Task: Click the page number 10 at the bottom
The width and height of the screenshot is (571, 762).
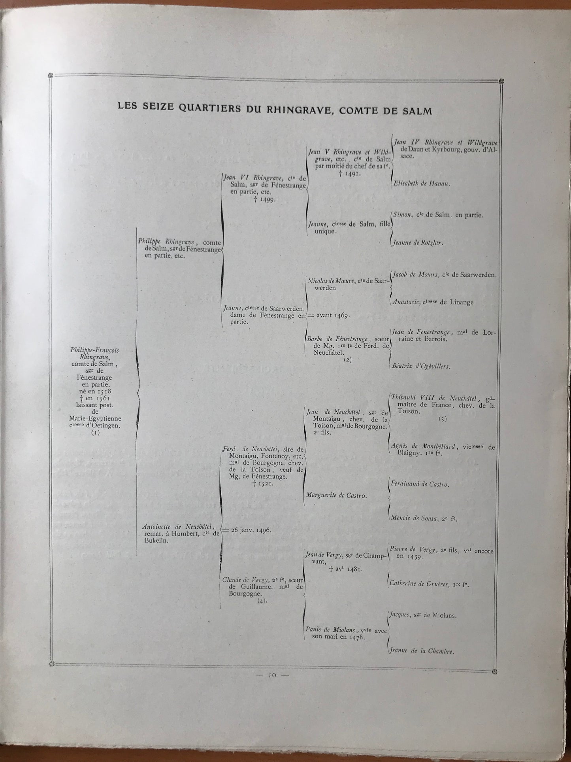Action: pos(273,675)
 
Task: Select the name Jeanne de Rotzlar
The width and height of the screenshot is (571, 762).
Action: pos(417,242)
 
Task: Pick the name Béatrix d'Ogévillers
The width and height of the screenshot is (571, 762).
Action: pos(422,366)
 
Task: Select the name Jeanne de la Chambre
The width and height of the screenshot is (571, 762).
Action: pos(422,651)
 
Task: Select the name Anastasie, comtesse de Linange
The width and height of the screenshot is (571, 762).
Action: pos(433,302)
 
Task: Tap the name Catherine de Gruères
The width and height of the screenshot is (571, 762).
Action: pos(424,583)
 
